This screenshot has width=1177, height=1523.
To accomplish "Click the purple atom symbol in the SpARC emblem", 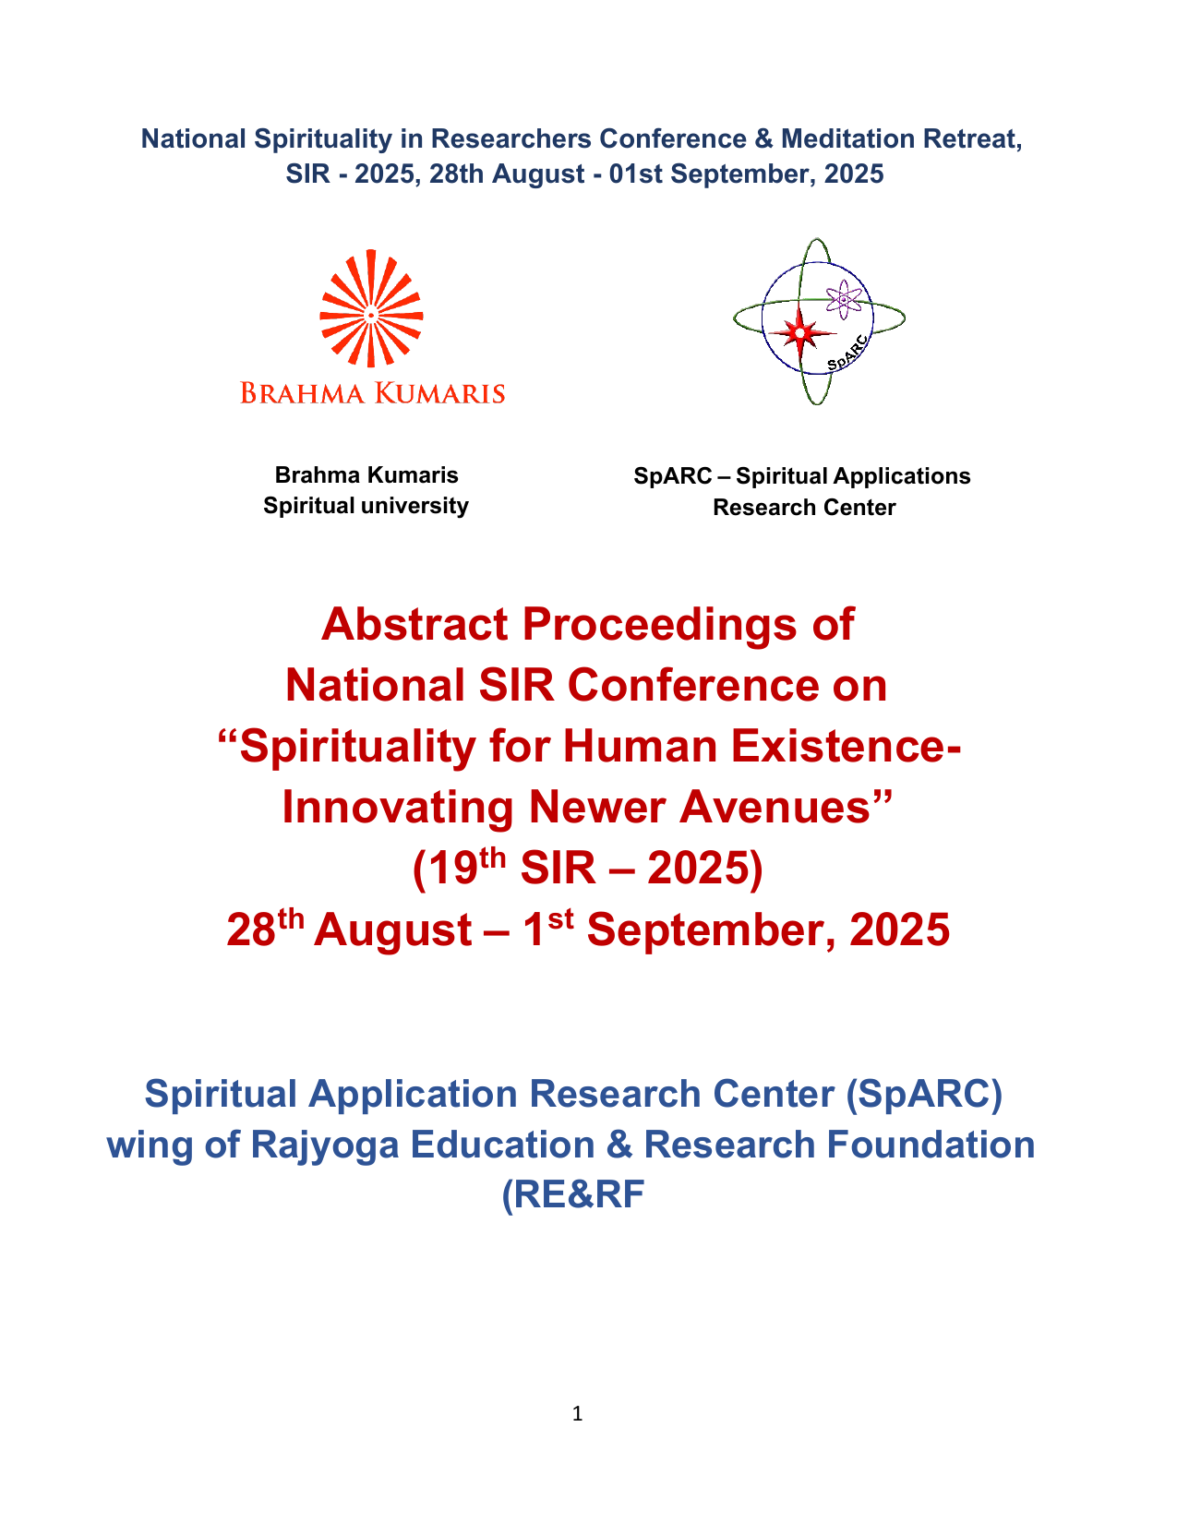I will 844,299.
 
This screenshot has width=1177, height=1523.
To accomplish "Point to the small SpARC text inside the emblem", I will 847,354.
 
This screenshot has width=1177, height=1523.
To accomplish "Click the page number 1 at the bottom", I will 578,1413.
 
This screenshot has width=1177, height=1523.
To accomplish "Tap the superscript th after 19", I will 493,858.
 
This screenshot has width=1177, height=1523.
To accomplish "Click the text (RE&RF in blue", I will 572,1194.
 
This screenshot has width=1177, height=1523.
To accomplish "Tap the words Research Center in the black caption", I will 804,508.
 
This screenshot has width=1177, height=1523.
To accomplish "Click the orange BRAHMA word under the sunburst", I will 302,393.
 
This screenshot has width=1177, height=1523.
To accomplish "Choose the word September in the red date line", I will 710,929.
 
